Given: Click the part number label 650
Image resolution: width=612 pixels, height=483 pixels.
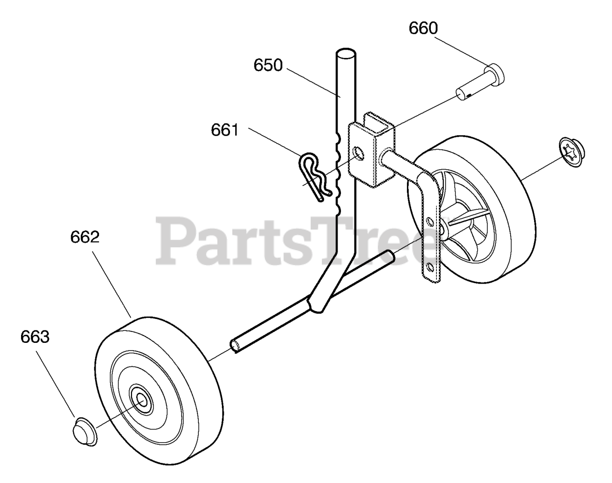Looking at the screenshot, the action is pos(268,66).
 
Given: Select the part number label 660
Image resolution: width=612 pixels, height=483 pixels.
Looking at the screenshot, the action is pos(423,29).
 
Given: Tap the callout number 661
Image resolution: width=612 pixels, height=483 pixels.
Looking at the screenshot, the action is pos(225,130).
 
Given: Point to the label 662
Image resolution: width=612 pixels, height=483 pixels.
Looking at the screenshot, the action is pos(85,237).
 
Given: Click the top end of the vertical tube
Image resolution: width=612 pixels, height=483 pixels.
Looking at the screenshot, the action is pos(346,53).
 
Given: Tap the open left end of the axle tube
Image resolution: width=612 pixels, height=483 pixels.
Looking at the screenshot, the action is pos(235,345).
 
